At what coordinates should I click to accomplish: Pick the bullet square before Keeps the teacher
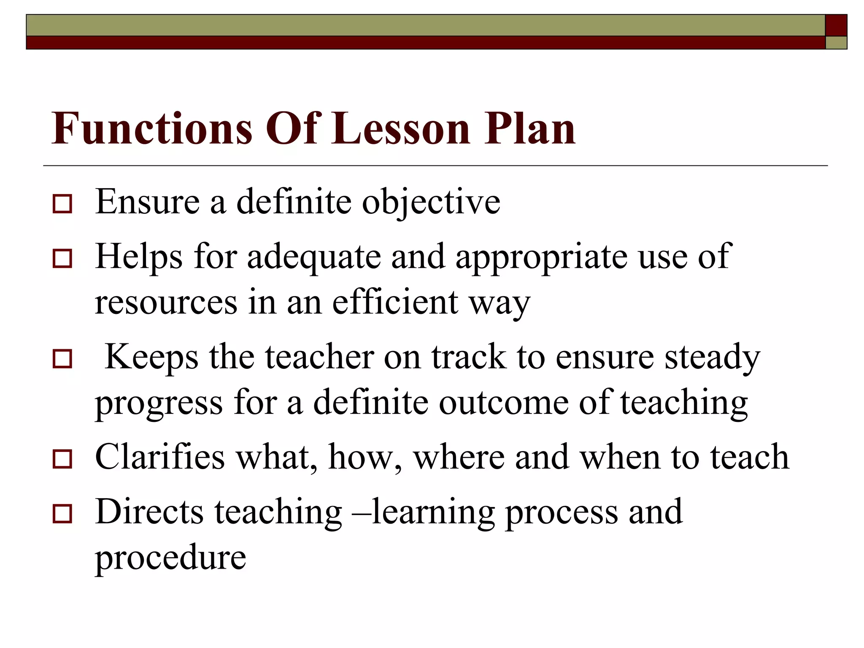pyautogui.click(x=62, y=359)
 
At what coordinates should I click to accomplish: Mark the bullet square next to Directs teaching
pyautogui.click(x=62, y=513)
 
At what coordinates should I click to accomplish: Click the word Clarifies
pyautogui.click(x=160, y=457)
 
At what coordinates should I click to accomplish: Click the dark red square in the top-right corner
pyautogui.click(x=836, y=25)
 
